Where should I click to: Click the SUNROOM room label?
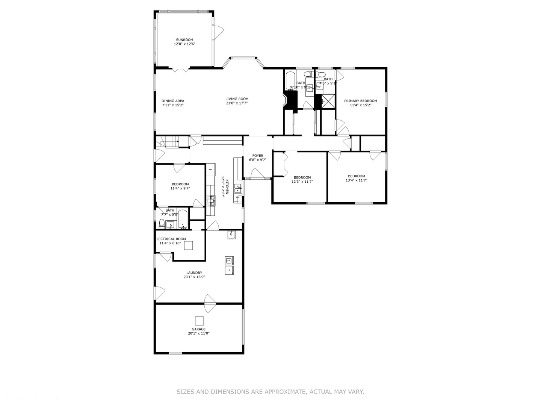click(184, 40)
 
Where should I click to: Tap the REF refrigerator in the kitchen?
click(210, 170)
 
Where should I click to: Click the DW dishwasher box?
click(238, 197)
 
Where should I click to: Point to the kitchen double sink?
click(237, 188)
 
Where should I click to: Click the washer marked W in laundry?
click(229, 261)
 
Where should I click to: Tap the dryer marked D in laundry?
click(229, 270)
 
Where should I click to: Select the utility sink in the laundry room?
click(231, 235)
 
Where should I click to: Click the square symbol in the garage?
click(199, 321)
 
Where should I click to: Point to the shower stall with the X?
click(328, 101)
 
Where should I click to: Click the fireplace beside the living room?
click(290, 101)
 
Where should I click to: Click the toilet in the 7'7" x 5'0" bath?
click(162, 224)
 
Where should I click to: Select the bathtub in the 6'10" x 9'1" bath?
click(291, 80)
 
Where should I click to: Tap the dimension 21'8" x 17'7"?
click(237, 103)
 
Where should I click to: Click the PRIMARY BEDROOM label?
click(361, 101)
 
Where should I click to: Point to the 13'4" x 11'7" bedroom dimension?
click(356, 180)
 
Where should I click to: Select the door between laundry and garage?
click(210, 303)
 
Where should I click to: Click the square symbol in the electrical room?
click(188, 245)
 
